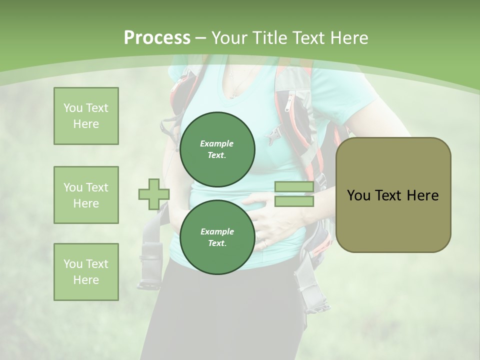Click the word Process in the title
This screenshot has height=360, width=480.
click(157, 37)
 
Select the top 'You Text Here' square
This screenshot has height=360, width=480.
click(86, 116)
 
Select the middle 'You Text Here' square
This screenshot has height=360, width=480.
click(86, 195)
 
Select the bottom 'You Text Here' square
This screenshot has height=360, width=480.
click(86, 272)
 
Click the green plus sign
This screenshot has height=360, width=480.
click(153, 194)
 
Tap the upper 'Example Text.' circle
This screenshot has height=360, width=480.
click(217, 149)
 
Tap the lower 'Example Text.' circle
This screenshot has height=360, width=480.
click(217, 237)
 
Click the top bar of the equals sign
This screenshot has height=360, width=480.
click(294, 187)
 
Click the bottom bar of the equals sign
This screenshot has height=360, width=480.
click(294, 201)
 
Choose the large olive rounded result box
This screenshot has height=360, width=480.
click(393, 195)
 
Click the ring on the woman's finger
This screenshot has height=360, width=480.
click(265, 243)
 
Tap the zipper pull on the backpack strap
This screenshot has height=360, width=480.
click(287, 104)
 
